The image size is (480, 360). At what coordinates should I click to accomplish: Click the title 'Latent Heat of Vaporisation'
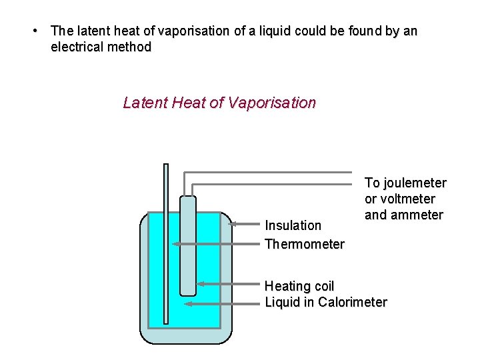[219, 103]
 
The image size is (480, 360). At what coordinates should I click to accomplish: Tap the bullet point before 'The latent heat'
[35, 31]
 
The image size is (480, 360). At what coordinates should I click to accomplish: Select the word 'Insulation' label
[293, 225]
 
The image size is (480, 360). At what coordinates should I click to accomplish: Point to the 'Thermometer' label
[304, 244]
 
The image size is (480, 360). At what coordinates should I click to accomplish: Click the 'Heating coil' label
[299, 286]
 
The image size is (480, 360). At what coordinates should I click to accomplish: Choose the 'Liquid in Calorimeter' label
[325, 302]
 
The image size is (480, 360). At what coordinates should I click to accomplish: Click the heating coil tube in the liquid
[188, 253]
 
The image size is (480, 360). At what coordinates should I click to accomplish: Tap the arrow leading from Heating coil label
[230, 284]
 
